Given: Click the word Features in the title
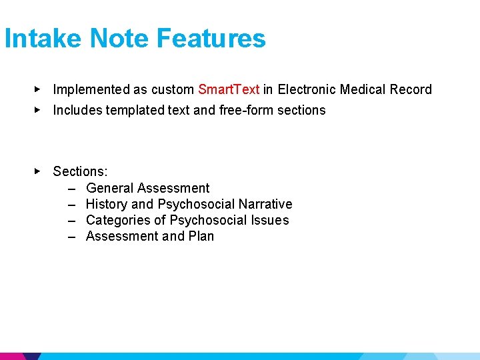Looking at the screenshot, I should point(211,39).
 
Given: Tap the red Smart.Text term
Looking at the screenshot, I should point(229,89).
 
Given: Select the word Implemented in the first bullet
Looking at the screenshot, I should point(91,89).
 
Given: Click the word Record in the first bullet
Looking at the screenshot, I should point(410,89).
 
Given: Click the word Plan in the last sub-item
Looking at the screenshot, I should point(201,236).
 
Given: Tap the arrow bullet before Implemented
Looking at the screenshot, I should point(38,89).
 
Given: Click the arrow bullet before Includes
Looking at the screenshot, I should point(38,109).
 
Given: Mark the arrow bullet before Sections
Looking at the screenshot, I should point(38,171).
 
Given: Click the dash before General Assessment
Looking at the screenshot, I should point(71,188).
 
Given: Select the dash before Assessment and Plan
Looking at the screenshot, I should point(71,236).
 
